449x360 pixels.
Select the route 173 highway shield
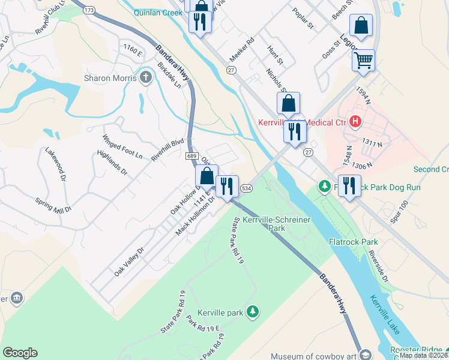[x=89, y=11]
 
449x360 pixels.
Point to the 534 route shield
[x=246, y=188]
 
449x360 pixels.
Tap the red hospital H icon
[x=355, y=122]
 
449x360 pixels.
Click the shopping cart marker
[x=363, y=60]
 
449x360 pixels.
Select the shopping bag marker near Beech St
[x=361, y=26]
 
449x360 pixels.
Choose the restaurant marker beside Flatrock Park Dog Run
[x=349, y=185]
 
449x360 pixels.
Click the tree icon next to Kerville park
[x=253, y=311]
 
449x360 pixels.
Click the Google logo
[x=20, y=352]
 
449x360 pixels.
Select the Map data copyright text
[x=423, y=355]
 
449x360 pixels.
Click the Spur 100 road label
[x=399, y=212]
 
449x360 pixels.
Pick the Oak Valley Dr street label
[x=129, y=262]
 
